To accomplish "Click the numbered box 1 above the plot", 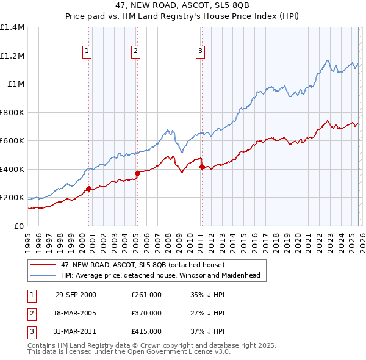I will [88, 52].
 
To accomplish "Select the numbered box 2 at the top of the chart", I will [135, 52].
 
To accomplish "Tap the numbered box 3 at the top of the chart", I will [200, 52].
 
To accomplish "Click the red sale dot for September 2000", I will [89, 189].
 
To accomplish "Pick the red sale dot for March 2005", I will [137, 174].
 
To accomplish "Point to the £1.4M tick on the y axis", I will [12, 27].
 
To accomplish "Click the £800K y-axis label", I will [12, 112].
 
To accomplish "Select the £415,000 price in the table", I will [146, 331].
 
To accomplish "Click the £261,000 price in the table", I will [146, 295].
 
